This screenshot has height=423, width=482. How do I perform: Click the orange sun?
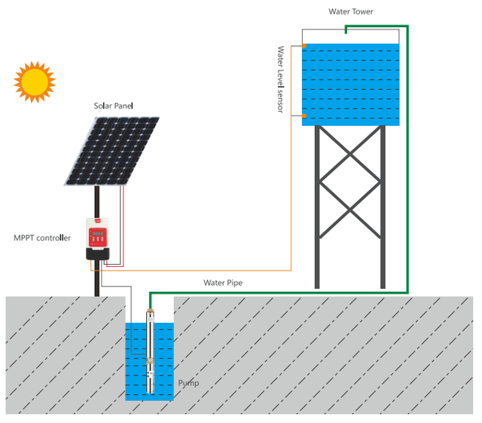click(35, 81)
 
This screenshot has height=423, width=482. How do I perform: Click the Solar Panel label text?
click(113, 106)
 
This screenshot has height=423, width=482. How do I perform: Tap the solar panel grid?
click(112, 151)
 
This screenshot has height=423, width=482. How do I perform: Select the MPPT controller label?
click(42, 238)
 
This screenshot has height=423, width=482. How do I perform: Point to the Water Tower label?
click(350, 11)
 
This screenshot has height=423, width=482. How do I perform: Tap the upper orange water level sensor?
click(304, 47)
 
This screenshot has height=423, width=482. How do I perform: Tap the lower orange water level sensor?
click(304, 116)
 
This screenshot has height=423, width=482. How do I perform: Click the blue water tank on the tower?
click(350, 83)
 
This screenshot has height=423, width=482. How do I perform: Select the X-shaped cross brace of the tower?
click(350, 181)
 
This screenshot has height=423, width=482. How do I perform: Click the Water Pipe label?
click(223, 283)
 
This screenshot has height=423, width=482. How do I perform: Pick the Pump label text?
click(188, 383)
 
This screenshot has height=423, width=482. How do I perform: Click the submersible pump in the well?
click(151, 354)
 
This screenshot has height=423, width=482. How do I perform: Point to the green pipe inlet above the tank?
click(346, 30)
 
